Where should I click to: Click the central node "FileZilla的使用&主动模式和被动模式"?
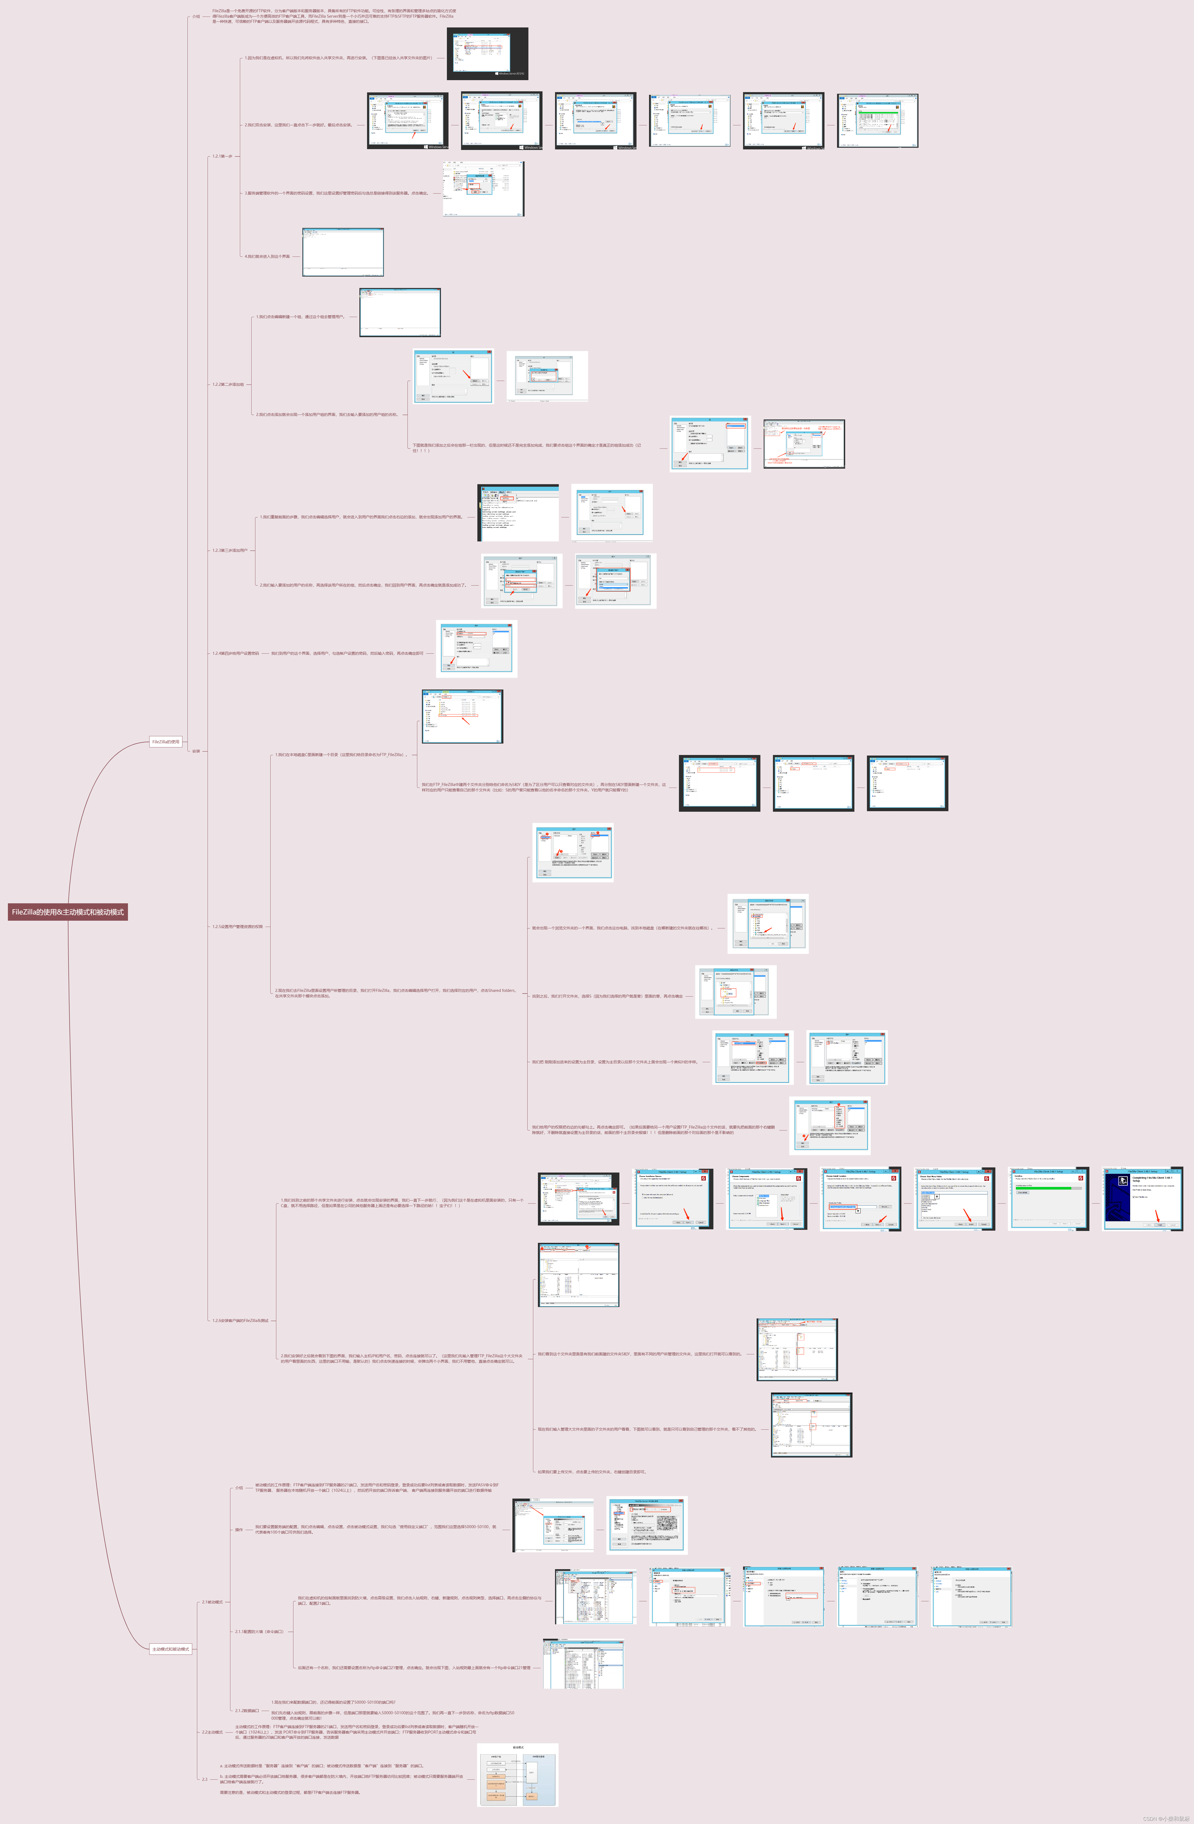67,912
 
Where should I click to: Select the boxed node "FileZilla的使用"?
165,742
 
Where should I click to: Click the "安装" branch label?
196,751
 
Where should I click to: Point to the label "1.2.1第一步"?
222,156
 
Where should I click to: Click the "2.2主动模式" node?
212,1732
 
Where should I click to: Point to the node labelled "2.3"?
205,1779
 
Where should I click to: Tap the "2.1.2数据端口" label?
247,1710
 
